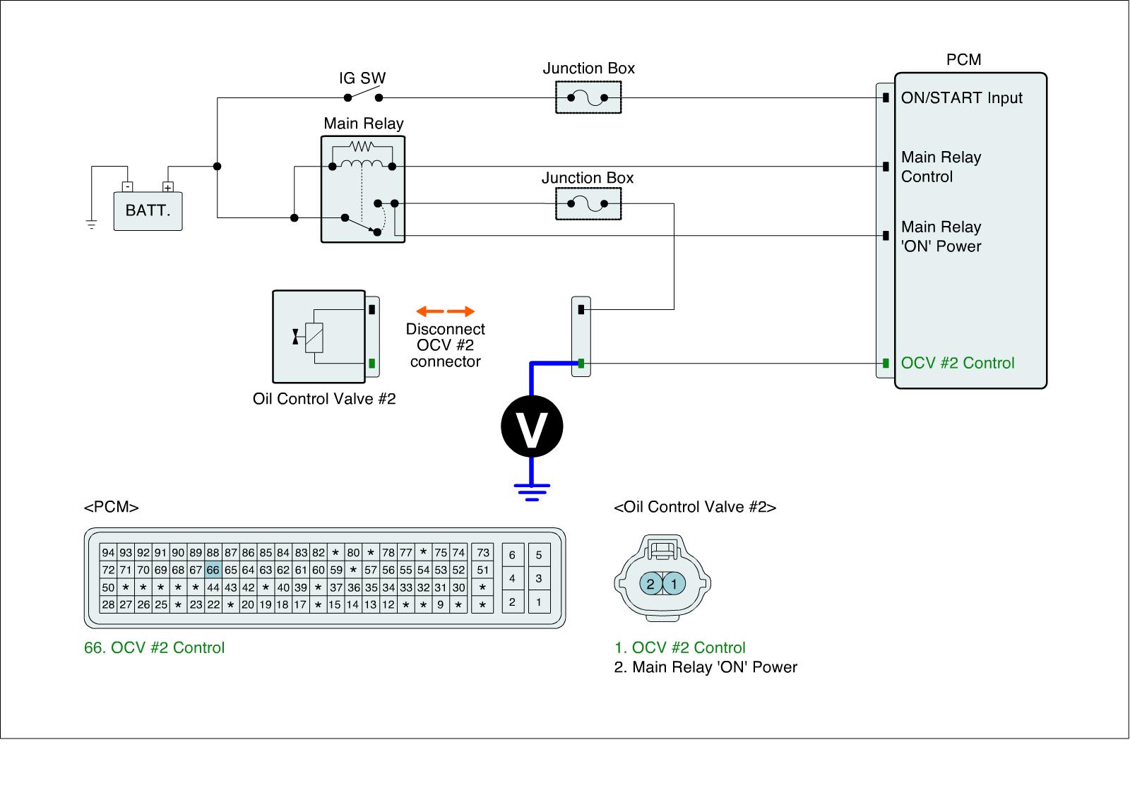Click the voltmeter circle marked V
tap(532, 426)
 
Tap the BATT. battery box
tap(148, 211)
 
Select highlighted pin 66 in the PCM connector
tap(213, 570)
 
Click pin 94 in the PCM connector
tap(109, 552)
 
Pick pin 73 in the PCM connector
tap(483, 552)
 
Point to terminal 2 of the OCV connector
tap(650, 584)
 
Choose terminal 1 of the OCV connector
tap(674, 584)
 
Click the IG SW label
tap(362, 78)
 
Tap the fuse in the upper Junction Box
tap(588, 98)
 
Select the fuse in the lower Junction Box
tap(588, 204)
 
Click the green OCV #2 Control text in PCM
tap(958, 363)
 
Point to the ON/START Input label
tap(961, 98)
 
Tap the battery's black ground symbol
tap(91, 225)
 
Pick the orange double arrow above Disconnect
tap(446, 311)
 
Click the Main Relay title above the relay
tap(364, 124)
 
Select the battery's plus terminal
tap(168, 186)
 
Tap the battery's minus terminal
tap(128, 186)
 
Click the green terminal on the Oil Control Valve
tap(371, 363)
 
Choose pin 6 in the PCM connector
tap(512, 555)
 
